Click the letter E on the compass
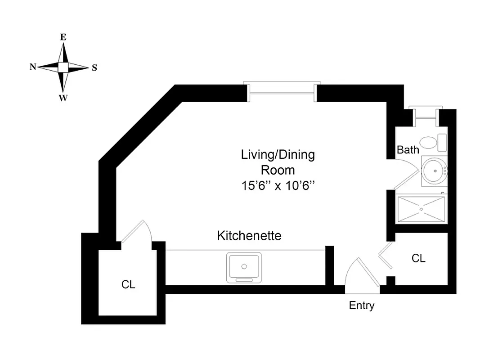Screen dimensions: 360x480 pyautogui.click(x=63, y=38)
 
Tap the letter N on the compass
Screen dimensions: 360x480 pyautogui.click(x=33, y=67)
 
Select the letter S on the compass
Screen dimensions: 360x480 pyautogui.click(x=94, y=68)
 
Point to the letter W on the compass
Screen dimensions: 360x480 pyautogui.click(x=63, y=99)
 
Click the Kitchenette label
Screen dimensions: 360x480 pyautogui.click(x=249, y=235)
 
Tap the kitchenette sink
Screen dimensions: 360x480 pyautogui.click(x=244, y=267)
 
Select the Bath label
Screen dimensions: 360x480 pyautogui.click(x=408, y=150)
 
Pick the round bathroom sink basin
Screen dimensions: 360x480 pyautogui.click(x=435, y=171)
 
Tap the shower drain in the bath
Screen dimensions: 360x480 pyautogui.click(x=422, y=209)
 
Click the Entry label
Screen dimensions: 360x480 pyautogui.click(x=362, y=306)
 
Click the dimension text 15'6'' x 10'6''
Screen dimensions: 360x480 pyautogui.click(x=277, y=185)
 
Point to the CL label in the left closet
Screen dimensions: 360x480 pyautogui.click(x=128, y=284)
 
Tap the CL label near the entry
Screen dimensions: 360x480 pyautogui.click(x=418, y=258)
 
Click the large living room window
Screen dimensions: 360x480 pyautogui.click(x=282, y=90)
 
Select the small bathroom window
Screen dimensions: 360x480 pyautogui.click(x=425, y=113)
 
